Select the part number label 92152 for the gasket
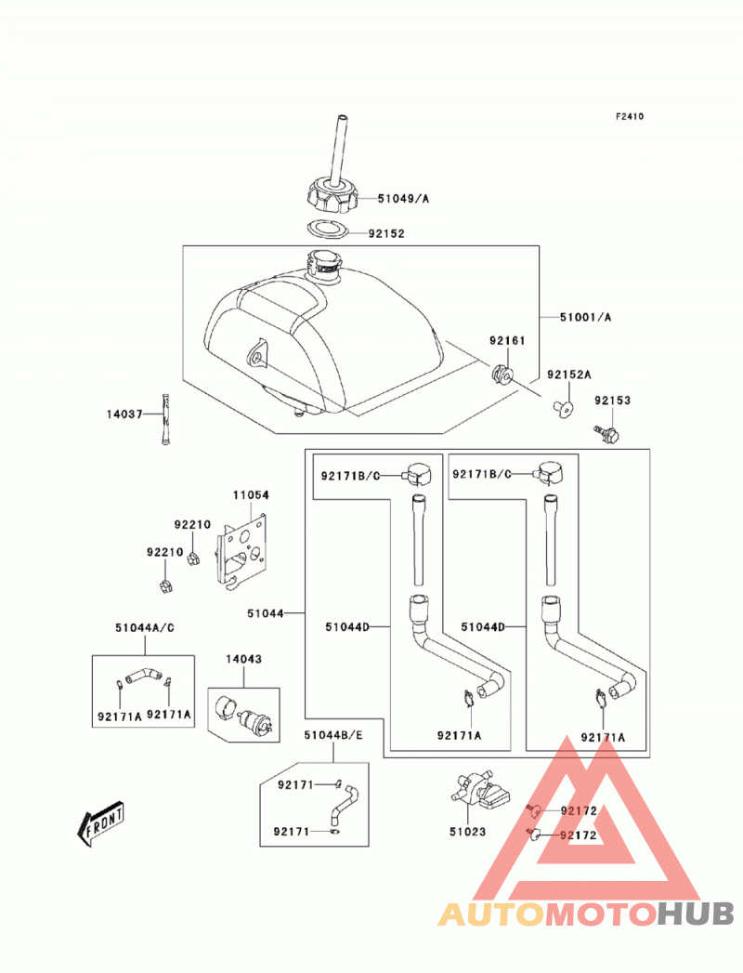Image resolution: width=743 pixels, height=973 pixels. pos(386,234)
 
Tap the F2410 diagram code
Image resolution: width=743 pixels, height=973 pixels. pos(630,116)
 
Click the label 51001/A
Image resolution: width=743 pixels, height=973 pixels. pos(585,317)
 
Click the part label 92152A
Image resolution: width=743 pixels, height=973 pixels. pos(568,375)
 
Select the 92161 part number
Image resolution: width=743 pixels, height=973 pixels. pos(507,340)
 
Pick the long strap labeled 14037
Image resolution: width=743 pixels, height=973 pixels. pos(166,419)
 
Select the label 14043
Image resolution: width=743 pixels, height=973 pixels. pos(243,659)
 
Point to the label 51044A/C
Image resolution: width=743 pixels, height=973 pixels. pos(145,628)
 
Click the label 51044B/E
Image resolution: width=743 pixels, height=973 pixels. pos(333,735)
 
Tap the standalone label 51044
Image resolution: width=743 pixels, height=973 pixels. pos(265,613)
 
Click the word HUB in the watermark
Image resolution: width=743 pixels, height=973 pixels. pos(697,914)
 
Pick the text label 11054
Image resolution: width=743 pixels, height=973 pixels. pos(251,495)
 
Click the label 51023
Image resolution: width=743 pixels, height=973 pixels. pos(468,832)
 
